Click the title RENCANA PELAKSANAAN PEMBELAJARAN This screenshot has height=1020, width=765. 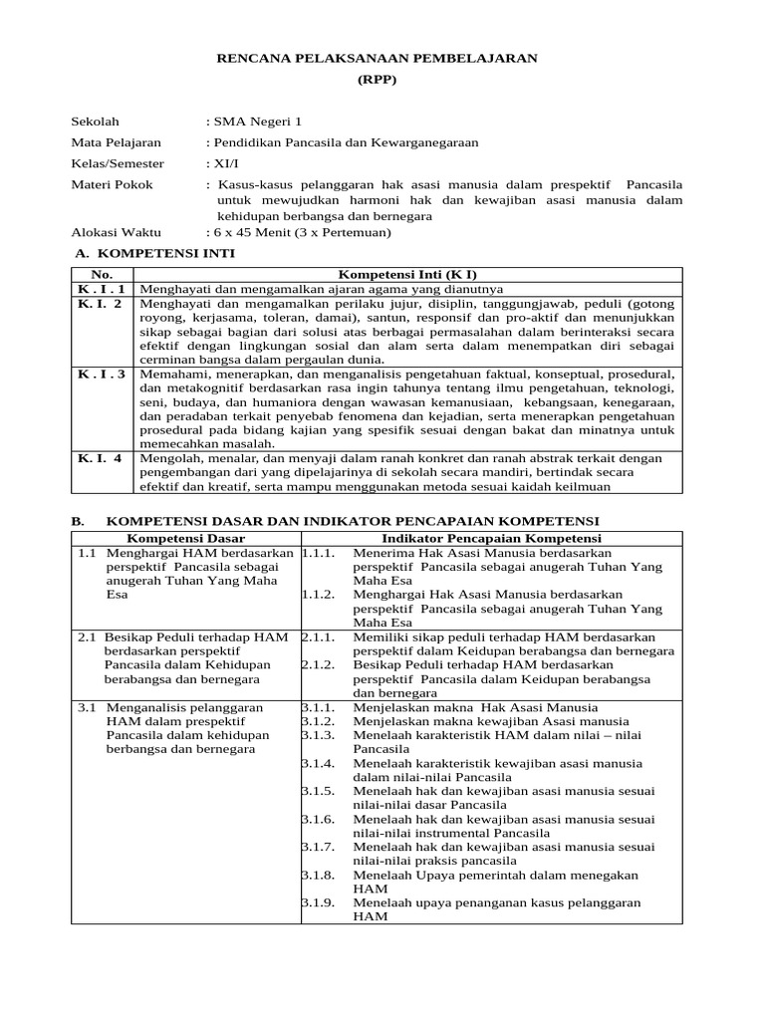tap(377, 59)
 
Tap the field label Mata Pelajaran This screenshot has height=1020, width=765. tap(116, 142)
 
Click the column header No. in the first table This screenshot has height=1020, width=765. tap(103, 273)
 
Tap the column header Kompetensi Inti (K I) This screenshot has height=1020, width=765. tap(408, 273)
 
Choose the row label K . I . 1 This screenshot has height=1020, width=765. tap(102, 289)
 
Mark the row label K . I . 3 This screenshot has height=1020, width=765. tap(102, 374)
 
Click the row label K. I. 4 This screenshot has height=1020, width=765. tap(101, 458)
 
